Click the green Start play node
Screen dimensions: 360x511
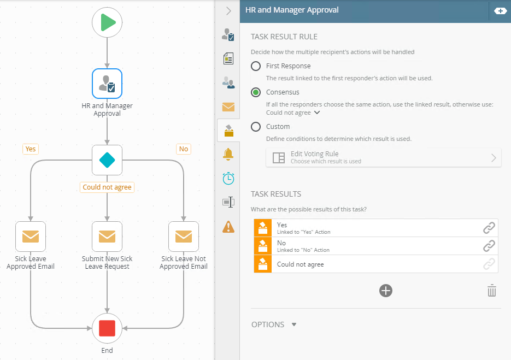tap(107, 23)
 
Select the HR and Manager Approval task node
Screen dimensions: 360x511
tap(107, 83)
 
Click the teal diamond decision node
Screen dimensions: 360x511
tap(107, 160)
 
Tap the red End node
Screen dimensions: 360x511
tap(107, 328)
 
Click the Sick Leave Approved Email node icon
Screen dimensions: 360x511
tap(31, 236)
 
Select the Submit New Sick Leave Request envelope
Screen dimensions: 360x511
tap(107, 236)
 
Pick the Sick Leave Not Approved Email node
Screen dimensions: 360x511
tap(184, 236)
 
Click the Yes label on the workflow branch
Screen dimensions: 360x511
tap(31, 149)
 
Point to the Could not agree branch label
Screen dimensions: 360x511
tap(107, 187)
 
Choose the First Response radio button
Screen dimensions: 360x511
tap(256, 66)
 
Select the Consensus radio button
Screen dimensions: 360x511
tap(256, 92)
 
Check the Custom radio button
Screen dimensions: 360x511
tap(256, 127)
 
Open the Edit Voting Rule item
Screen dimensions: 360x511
tap(383, 157)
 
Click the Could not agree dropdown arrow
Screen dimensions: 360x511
tap(317, 113)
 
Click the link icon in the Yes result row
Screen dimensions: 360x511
tap(489, 228)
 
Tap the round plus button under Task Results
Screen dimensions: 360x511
tap(386, 291)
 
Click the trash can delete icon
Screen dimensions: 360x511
tap(492, 291)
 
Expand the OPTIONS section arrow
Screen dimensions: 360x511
tap(294, 324)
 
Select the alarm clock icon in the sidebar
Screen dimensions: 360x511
tap(228, 178)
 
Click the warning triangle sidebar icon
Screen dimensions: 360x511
tap(228, 226)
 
